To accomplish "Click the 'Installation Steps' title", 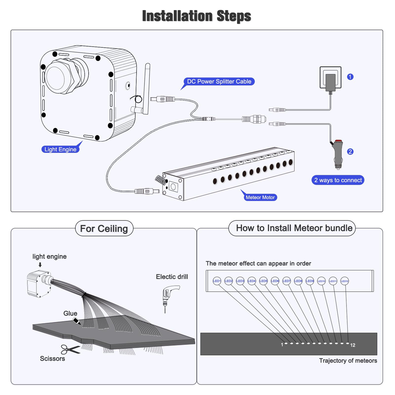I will tap(197, 16).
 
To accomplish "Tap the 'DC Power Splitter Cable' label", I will tap(219, 82).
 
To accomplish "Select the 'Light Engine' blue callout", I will tap(60, 149).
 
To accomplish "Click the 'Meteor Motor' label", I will tap(260, 197).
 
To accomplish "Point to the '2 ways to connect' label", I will tap(338, 180).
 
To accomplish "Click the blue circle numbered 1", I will tap(350, 77).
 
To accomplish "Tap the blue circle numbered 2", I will tap(350, 152).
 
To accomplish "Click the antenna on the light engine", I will tap(147, 87).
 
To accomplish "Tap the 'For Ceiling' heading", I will tap(104, 229).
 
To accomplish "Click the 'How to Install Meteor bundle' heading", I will tap(294, 228).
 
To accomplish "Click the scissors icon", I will tap(70, 349).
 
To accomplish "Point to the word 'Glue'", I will tap(70, 313).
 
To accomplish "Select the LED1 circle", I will tap(217, 281).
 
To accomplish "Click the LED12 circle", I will tap(344, 281).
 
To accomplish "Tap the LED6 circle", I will tap(275, 281).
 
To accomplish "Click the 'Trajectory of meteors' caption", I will tap(348, 361).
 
